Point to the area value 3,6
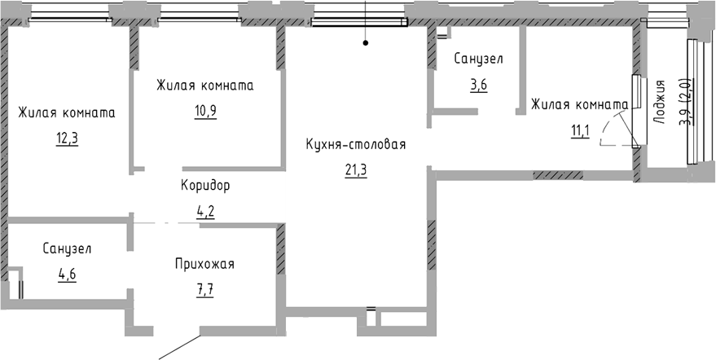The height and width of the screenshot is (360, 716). click(478, 84)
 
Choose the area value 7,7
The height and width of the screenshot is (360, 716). click(204, 288)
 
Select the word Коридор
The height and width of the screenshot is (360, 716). click(205, 185)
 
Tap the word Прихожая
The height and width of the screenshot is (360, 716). click(204, 264)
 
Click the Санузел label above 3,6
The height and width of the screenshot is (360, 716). click(479, 59)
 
